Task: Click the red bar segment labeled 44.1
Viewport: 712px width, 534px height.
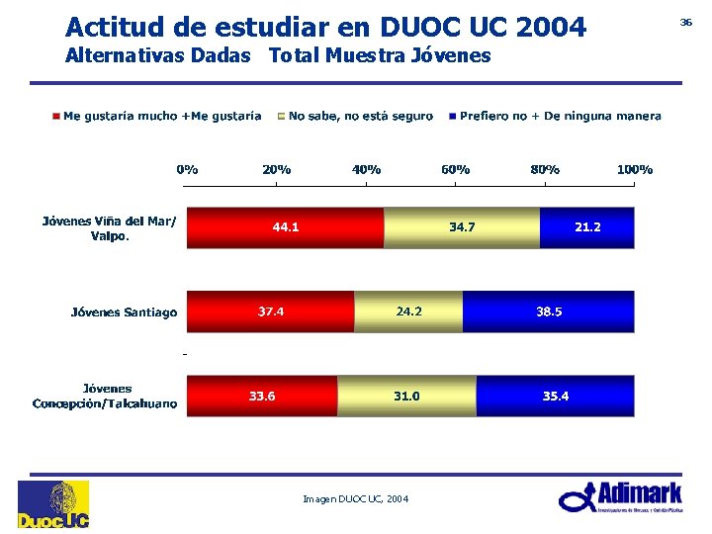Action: tap(285, 227)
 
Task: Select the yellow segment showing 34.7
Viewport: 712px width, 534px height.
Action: tap(461, 227)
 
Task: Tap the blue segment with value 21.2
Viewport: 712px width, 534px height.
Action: tap(586, 227)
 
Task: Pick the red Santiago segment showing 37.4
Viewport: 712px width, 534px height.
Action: tap(270, 311)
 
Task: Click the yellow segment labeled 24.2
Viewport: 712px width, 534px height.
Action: tap(408, 311)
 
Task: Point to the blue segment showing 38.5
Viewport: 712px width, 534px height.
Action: tap(548, 311)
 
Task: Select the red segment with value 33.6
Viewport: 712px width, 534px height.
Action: tap(262, 396)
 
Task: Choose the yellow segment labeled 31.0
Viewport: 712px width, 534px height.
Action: tap(406, 396)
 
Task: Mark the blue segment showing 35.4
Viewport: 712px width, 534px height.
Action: tap(555, 396)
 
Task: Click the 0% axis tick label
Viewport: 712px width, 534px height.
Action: tap(187, 169)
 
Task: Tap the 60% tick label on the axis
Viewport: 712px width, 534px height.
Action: tap(455, 169)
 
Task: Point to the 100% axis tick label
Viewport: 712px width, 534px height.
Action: tap(634, 169)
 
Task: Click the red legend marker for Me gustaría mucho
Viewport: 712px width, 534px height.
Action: tap(56, 117)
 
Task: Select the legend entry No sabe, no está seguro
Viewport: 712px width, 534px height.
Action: tap(360, 117)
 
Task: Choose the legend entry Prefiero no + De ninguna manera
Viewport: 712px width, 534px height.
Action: tap(560, 117)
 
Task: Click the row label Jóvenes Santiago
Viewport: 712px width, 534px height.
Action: tap(124, 312)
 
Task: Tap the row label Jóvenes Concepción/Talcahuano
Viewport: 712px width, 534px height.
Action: tap(105, 396)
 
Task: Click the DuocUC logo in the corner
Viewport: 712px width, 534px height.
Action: tap(52, 504)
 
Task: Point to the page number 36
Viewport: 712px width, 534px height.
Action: tap(685, 21)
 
